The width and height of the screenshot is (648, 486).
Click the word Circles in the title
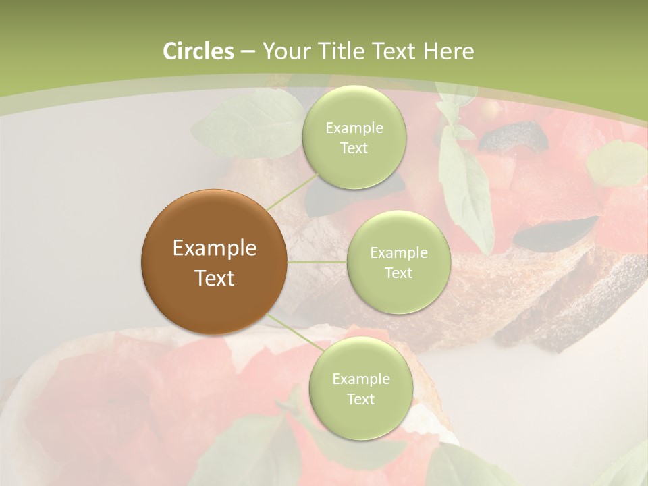[x=198, y=51]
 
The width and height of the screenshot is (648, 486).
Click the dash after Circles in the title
[x=248, y=52]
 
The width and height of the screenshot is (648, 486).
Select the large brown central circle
[x=214, y=262]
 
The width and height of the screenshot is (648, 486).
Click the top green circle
[x=354, y=137]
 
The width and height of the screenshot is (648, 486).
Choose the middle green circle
[x=398, y=262]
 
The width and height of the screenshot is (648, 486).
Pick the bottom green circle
[x=360, y=388]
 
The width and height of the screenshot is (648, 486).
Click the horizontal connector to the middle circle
[x=317, y=262]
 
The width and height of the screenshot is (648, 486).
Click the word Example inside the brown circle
[x=214, y=248]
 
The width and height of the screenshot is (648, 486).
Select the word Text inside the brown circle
[x=214, y=277]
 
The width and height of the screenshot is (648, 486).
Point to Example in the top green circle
[x=354, y=128]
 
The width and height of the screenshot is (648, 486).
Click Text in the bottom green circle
[x=360, y=399]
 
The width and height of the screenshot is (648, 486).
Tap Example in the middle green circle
[x=398, y=252]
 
